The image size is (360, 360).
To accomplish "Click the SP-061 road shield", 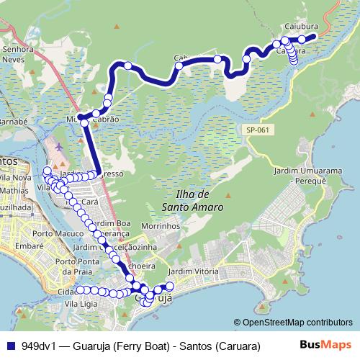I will [257, 130].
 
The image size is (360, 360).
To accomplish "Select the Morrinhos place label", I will [160, 225].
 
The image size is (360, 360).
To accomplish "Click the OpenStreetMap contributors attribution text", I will [293, 323].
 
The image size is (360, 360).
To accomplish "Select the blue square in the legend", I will [10, 345].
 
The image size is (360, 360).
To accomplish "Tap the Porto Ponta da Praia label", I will [75, 266].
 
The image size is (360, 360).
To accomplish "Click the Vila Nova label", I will [14, 176].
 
